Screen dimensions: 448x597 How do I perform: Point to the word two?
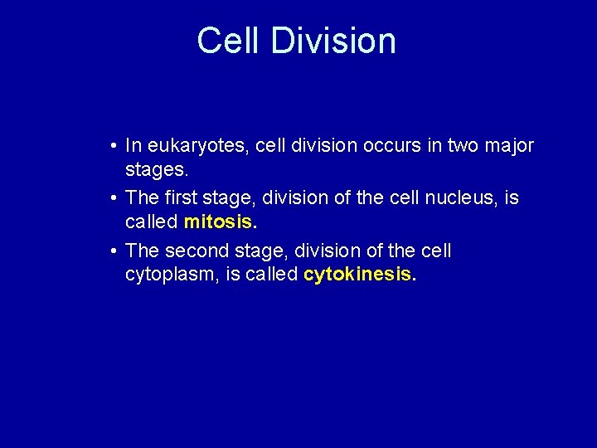point(457,146)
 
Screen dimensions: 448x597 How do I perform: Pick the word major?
point(510,147)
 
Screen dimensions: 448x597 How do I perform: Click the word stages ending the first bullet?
point(157,172)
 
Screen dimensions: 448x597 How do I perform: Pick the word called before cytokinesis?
point(272,275)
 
